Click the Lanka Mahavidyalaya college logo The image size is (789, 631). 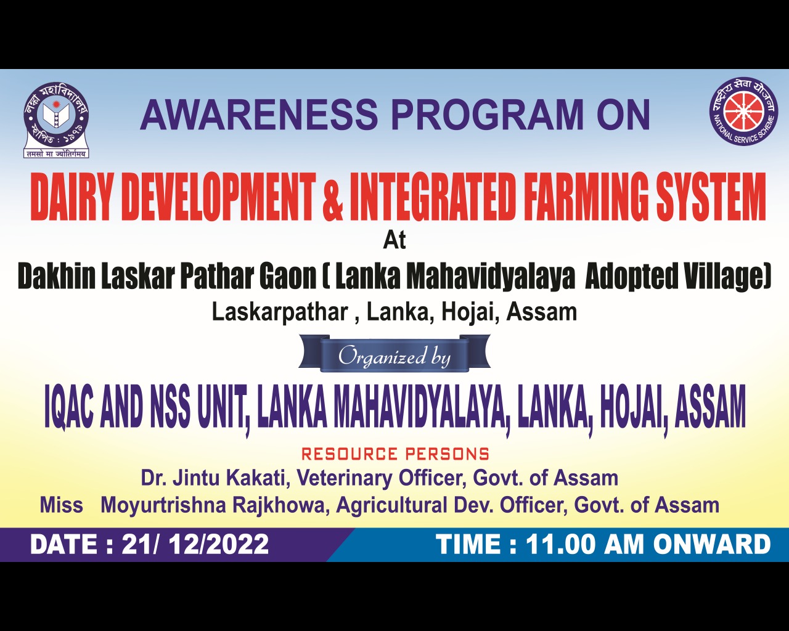click(56, 120)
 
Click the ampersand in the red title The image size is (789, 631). click(332, 198)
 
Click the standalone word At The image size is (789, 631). click(394, 240)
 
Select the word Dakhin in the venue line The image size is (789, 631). click(57, 277)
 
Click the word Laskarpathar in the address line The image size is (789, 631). click(280, 313)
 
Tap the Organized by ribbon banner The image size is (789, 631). click(394, 354)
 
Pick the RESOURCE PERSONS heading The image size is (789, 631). click(395, 454)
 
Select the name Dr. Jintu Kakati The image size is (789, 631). click(213, 478)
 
